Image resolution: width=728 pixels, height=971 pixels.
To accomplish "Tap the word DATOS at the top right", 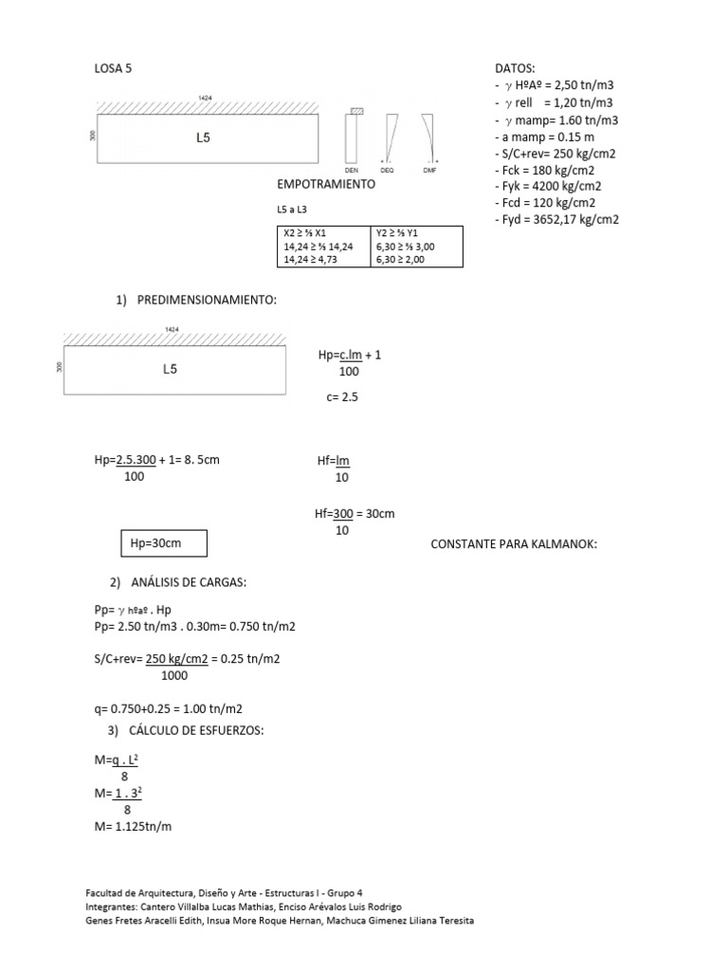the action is (x=515, y=68).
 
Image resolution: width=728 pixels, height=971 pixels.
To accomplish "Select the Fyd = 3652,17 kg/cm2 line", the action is (x=556, y=220).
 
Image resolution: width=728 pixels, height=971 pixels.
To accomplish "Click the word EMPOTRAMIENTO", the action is (x=326, y=184).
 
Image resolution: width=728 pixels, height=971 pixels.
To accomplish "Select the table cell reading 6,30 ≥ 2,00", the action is (x=401, y=259).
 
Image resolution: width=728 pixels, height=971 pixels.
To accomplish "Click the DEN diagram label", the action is (x=352, y=169).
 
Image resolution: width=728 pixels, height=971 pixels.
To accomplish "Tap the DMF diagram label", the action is (x=429, y=169).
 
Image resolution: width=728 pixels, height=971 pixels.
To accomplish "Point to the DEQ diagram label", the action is (x=388, y=169).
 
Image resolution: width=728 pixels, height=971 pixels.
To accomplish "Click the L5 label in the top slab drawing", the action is (x=203, y=137).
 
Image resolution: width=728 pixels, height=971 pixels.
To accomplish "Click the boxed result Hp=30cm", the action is (x=150, y=543).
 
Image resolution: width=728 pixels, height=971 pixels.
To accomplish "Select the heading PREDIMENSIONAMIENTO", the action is (x=207, y=301).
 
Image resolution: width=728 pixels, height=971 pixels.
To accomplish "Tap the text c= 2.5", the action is (x=342, y=398).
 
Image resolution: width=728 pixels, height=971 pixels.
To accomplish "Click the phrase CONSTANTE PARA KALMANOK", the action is (x=514, y=544).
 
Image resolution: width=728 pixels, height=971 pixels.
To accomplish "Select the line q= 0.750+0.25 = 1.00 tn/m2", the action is (x=168, y=709).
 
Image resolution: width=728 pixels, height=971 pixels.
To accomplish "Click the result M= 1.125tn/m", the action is (x=133, y=826).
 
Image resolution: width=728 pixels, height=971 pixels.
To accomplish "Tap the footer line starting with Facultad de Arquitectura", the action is (x=224, y=892).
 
